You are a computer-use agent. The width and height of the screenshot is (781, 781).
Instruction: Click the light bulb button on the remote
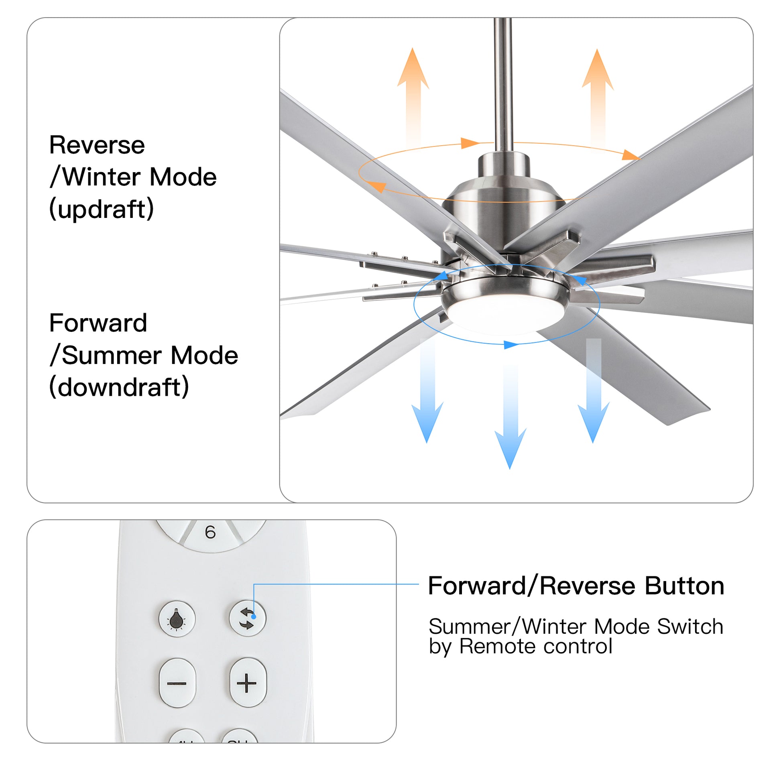point(177,619)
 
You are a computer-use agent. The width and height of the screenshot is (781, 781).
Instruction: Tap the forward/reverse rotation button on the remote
point(247,618)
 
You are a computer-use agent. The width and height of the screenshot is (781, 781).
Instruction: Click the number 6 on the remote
point(210,533)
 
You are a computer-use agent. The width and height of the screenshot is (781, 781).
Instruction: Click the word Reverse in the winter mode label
point(97,145)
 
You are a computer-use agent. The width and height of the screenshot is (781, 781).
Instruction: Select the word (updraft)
point(102,209)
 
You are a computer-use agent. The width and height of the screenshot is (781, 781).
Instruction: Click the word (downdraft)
point(119,387)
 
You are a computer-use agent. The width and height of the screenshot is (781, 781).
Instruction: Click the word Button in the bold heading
point(684,586)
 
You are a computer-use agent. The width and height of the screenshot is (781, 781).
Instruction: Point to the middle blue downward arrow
point(510,421)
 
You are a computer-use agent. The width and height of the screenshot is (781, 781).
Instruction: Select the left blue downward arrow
point(427,396)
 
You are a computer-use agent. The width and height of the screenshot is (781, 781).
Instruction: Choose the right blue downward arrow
point(594,396)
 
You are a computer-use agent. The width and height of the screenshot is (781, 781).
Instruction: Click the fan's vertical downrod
point(503,81)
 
